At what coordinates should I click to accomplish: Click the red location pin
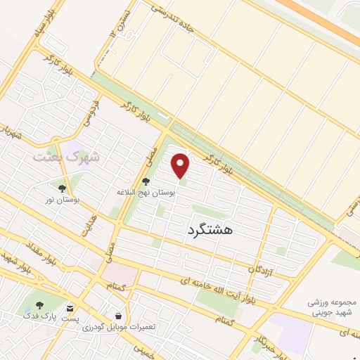click(x=181, y=165)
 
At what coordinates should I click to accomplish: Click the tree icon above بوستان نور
click(x=62, y=188)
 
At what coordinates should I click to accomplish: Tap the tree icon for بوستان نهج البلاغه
click(x=146, y=181)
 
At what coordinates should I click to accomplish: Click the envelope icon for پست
click(x=70, y=308)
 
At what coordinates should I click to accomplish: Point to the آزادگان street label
click(x=259, y=269)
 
